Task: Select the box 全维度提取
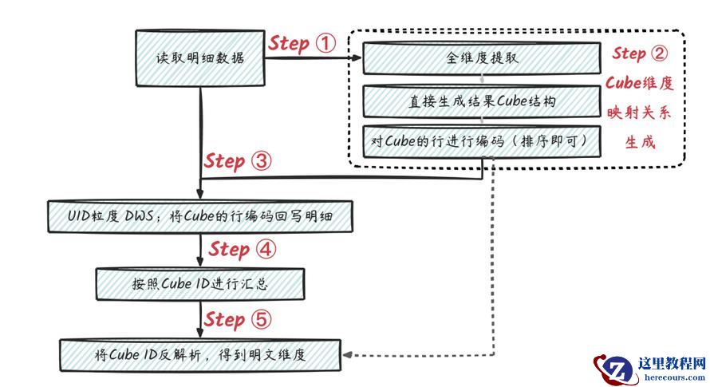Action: (482, 58)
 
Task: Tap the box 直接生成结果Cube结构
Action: (482, 101)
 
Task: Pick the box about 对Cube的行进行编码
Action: (482, 141)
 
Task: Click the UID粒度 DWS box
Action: (199, 216)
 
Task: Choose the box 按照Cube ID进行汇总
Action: (199, 283)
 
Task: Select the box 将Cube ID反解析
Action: (199, 355)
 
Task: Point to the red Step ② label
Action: (639, 53)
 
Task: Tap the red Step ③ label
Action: (238, 160)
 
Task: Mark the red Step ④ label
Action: (243, 250)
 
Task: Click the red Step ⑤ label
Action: (238, 319)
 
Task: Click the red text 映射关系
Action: (639, 112)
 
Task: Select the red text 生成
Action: (639, 141)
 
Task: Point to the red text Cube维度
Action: (639, 82)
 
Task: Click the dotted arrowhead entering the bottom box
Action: (349, 355)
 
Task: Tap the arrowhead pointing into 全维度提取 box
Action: (357, 58)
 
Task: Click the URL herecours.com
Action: (672, 377)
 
